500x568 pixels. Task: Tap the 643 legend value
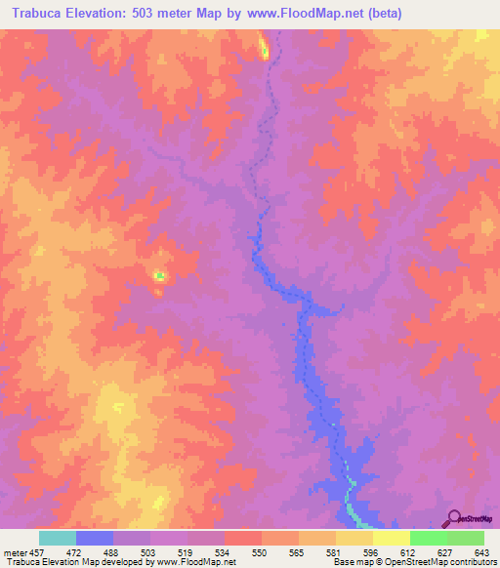tap(482, 551)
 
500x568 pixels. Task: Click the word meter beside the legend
tap(13, 551)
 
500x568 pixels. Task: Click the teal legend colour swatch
tap(58, 538)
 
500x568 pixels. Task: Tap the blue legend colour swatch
tap(95, 538)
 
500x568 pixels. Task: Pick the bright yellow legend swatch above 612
tap(392, 538)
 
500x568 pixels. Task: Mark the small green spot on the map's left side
tap(158, 276)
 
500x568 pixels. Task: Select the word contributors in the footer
tap(471, 561)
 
